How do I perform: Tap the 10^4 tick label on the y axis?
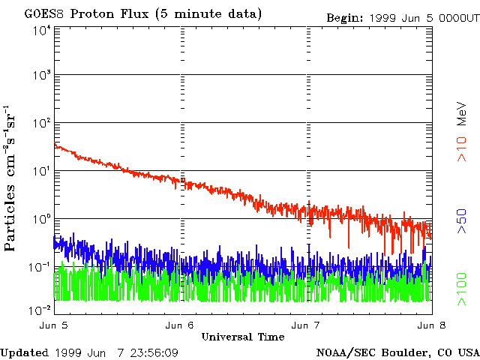coord(40,31)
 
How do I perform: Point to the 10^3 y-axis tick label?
coord(40,75)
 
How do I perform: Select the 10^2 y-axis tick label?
coord(40,123)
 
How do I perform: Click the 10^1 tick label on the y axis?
coord(40,171)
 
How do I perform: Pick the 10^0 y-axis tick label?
coord(40,219)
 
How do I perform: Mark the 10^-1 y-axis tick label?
coord(39,267)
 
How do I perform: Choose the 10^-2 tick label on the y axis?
coord(39,309)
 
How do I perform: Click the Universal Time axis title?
coord(243,337)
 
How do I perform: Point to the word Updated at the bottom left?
coord(24,352)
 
